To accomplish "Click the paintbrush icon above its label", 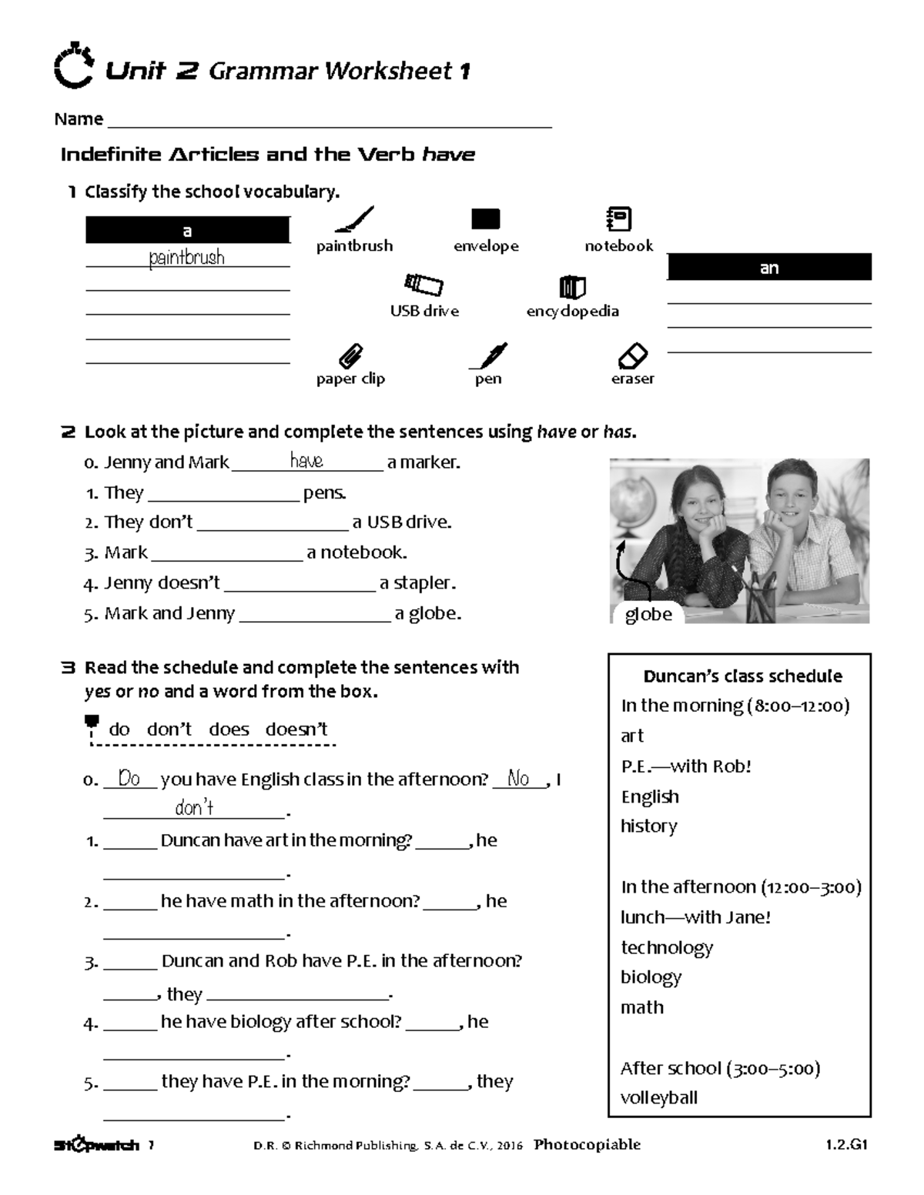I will tap(355, 219).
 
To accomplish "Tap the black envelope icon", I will tap(485, 219).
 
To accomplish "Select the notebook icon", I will tap(619, 219).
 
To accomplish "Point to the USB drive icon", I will tap(424, 285).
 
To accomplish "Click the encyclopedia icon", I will tap(572, 287).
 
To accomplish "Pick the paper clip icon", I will tap(351, 356).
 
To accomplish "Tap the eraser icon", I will tap(633, 356).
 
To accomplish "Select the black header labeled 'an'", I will tap(769, 268).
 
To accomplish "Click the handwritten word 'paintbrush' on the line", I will tap(187, 257).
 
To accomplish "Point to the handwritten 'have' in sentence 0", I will tap(306, 461).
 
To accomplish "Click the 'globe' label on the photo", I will tap(648, 614).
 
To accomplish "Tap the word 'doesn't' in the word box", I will tap(296, 729).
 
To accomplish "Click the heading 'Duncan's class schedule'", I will tap(742, 676).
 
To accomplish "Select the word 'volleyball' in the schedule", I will tap(659, 1097).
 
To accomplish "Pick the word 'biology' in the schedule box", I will tap(651, 976).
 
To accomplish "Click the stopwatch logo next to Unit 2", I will tap(74, 68).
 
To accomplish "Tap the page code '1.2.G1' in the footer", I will tap(846, 1144).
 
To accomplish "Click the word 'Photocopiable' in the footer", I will tap(587, 1144).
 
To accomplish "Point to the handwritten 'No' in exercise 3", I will tap(519, 779).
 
